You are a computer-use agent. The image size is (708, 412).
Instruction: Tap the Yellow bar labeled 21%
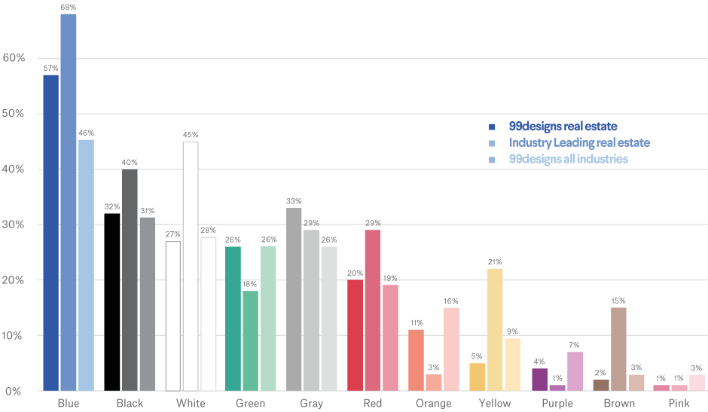(495, 329)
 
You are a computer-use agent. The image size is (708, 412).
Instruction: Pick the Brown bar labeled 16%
(618, 349)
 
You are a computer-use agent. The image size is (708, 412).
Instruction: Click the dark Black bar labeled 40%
(130, 279)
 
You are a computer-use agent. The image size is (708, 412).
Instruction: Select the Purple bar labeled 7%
(575, 371)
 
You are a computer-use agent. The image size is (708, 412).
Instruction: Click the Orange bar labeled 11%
(416, 359)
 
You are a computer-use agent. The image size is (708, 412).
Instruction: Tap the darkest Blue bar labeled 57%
(50, 232)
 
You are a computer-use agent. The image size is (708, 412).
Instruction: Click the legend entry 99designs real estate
(563, 126)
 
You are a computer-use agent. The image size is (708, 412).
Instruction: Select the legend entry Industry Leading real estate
(578, 142)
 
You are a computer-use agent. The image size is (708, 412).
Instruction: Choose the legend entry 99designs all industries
(568, 159)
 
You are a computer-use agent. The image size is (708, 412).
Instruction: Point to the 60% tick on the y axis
(15, 58)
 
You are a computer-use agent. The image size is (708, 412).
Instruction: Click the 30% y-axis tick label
(15, 224)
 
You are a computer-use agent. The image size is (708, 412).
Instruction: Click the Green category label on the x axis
(250, 404)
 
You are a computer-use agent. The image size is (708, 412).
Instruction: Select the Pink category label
(679, 404)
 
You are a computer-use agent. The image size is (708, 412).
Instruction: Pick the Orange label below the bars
(433, 404)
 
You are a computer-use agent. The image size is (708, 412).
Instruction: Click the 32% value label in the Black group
(112, 206)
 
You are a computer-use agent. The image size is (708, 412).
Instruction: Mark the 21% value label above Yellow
(495, 261)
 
